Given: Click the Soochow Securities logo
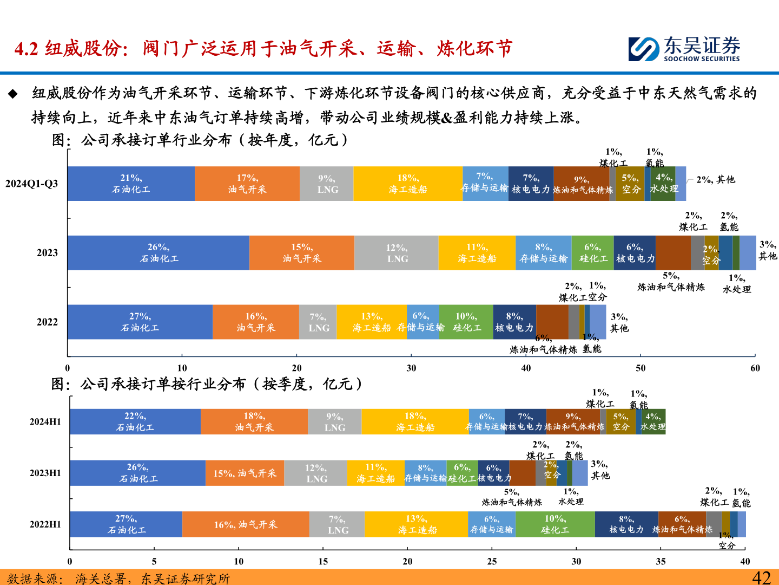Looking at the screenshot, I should pyautogui.click(x=684, y=49).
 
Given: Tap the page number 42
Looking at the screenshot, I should pyautogui.click(x=761, y=577).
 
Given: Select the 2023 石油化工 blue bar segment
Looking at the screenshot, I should pyautogui.click(x=158, y=253).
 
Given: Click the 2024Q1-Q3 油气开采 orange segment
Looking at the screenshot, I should pyautogui.click(x=247, y=184).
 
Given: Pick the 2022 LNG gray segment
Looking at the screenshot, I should pyautogui.click(x=318, y=322).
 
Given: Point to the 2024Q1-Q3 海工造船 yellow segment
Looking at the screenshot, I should pyautogui.click(x=408, y=184).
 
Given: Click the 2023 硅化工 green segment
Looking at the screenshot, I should pyautogui.click(x=592, y=253).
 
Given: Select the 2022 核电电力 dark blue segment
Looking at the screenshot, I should pyautogui.click(x=514, y=322).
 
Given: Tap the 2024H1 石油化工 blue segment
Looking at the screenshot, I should pyautogui.click(x=135, y=421).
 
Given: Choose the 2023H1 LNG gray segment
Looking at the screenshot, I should pyautogui.click(x=316, y=473).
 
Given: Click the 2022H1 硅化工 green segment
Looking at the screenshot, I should pyautogui.click(x=555, y=524).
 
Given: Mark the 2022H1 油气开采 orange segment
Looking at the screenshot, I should pyautogui.click(x=246, y=524).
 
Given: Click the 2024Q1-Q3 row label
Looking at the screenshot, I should pyautogui.click(x=32, y=184).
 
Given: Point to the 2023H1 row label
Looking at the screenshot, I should pyautogui.click(x=45, y=473).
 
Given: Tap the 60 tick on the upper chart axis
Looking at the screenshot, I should pyautogui.click(x=755, y=368).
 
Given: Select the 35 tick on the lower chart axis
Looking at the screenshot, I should pyautogui.click(x=661, y=561).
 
